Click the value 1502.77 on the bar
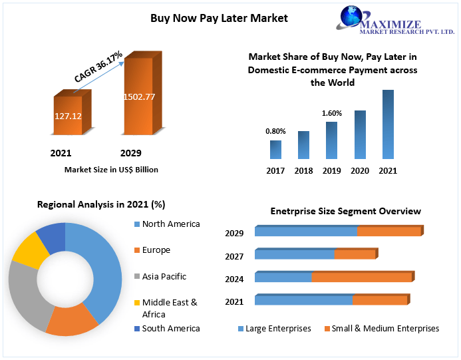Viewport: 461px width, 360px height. (x=139, y=96)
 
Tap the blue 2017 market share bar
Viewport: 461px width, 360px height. (x=275, y=150)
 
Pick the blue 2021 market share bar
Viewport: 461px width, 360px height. (x=388, y=124)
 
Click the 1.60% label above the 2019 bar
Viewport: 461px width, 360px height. (x=331, y=113)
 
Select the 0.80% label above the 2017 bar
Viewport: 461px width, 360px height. (x=275, y=131)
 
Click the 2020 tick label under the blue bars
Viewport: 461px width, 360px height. (x=360, y=171)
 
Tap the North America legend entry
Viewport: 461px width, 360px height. (x=170, y=224)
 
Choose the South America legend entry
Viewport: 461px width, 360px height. (x=170, y=328)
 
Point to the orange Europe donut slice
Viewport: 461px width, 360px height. (x=72, y=321)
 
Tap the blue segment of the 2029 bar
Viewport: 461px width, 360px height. (x=306, y=232)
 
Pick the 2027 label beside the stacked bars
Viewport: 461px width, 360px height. (x=234, y=256)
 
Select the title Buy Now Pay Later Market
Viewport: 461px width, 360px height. (x=219, y=18)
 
